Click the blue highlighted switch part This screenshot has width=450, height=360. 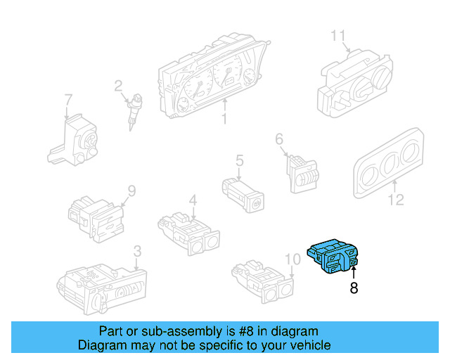click(x=333, y=257)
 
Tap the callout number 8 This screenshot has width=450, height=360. click(x=354, y=288)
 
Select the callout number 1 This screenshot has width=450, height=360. click(x=224, y=120)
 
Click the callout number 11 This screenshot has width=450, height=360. click(x=339, y=35)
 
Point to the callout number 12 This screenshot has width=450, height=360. click(x=396, y=201)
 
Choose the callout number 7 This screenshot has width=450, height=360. click(x=67, y=100)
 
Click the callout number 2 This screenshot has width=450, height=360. click(x=119, y=86)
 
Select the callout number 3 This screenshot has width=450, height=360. click(x=137, y=250)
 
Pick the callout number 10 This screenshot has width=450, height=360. click(x=292, y=259)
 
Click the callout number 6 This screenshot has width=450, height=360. click(x=278, y=139)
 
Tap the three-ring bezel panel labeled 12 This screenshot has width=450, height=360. click(x=385, y=164)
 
